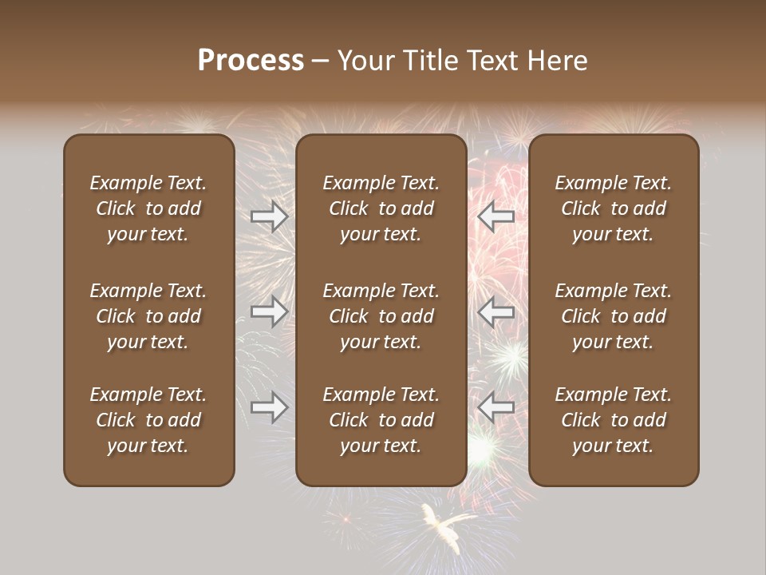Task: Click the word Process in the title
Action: point(251,61)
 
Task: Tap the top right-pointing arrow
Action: point(270,216)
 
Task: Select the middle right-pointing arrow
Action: point(270,311)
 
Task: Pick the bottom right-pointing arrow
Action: point(270,407)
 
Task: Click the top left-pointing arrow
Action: point(496,216)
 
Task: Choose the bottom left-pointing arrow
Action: point(496,407)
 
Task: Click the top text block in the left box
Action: point(148,208)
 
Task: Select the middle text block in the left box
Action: point(148,316)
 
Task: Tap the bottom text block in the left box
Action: point(148,420)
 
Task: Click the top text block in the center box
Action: point(381,208)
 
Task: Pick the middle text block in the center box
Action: point(381,316)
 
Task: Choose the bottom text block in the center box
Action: point(381,420)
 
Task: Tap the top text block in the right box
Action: point(613,208)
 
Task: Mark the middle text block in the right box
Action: point(613,316)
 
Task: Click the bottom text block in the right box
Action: point(613,420)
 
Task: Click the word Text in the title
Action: point(493,61)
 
